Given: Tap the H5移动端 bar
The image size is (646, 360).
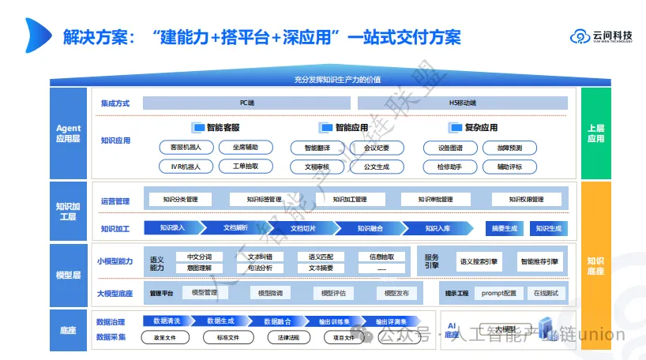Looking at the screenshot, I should tap(462, 103).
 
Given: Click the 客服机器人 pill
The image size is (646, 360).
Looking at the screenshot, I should tap(180, 148).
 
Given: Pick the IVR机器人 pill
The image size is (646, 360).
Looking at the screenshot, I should tap(180, 167).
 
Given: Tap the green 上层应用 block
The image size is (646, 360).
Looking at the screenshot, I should tap(595, 133).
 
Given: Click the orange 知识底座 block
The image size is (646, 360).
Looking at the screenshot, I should tap(595, 265).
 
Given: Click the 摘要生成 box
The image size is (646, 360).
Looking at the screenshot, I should tap(504, 228).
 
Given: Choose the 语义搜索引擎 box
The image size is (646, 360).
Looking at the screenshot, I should tap(479, 261).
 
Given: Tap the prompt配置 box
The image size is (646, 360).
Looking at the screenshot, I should tap(498, 294).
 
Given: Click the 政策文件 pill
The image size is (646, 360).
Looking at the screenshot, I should tap(165, 338).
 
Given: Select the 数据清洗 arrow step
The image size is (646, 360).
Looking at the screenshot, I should tap(167, 321).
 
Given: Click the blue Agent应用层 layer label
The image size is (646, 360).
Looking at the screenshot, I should tap(69, 133).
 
